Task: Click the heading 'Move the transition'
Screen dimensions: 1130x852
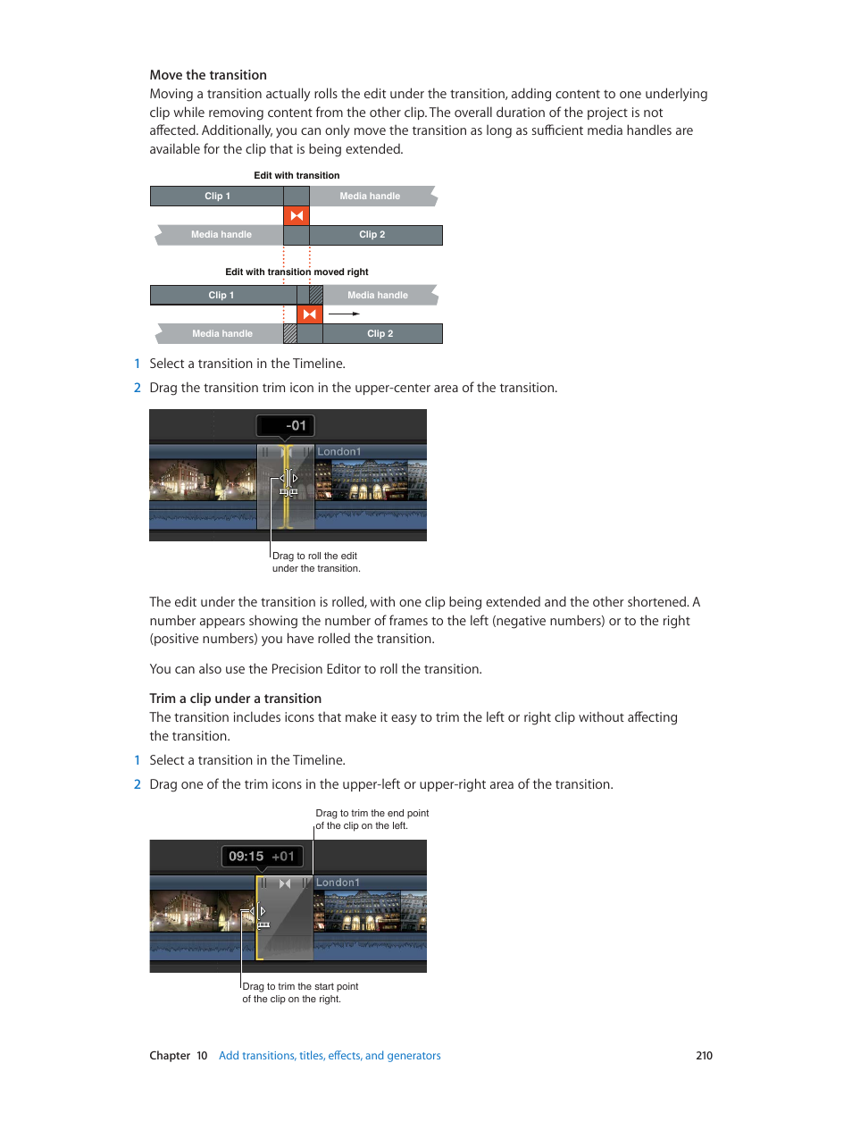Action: click(x=208, y=75)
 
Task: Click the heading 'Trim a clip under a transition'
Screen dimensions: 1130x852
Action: click(x=235, y=699)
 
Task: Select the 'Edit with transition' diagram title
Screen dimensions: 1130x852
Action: click(x=297, y=176)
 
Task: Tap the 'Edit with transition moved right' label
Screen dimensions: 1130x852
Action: click(x=297, y=272)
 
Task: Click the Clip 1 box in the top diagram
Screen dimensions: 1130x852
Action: click(x=217, y=197)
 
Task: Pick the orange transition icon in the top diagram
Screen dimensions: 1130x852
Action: click(x=297, y=216)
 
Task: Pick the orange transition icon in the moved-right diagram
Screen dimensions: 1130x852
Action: click(x=310, y=314)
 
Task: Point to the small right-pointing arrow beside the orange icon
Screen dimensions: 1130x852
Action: click(x=344, y=314)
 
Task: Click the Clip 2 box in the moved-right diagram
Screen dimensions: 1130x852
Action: click(x=381, y=334)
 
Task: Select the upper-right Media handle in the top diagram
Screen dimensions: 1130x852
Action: click(x=371, y=197)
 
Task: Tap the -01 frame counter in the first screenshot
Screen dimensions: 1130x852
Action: click(x=287, y=426)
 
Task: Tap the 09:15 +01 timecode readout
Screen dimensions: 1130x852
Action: click(x=262, y=857)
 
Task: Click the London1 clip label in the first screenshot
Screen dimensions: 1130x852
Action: click(x=339, y=452)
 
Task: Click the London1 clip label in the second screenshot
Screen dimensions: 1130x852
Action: click(x=338, y=883)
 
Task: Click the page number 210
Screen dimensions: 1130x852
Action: click(x=704, y=1056)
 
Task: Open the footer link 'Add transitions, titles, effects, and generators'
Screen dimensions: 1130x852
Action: click(x=330, y=1056)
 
